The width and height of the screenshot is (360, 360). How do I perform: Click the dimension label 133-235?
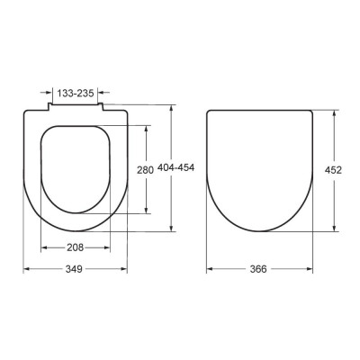tap(76, 93)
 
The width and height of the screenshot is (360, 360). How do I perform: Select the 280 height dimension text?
tap(145, 170)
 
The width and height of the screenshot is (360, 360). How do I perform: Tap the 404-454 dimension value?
tap(176, 167)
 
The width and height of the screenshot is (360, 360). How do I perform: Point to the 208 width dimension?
tap(75, 247)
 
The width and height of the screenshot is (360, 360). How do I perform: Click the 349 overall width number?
tap(74, 269)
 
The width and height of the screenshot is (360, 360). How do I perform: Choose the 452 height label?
tap(333, 170)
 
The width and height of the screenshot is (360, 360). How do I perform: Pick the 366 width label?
tap(258, 269)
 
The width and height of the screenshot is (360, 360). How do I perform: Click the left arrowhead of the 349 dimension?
tap(26, 269)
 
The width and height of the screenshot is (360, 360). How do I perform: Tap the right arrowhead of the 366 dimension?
tap(310, 269)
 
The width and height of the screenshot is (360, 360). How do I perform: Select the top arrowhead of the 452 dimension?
tap(334, 113)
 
